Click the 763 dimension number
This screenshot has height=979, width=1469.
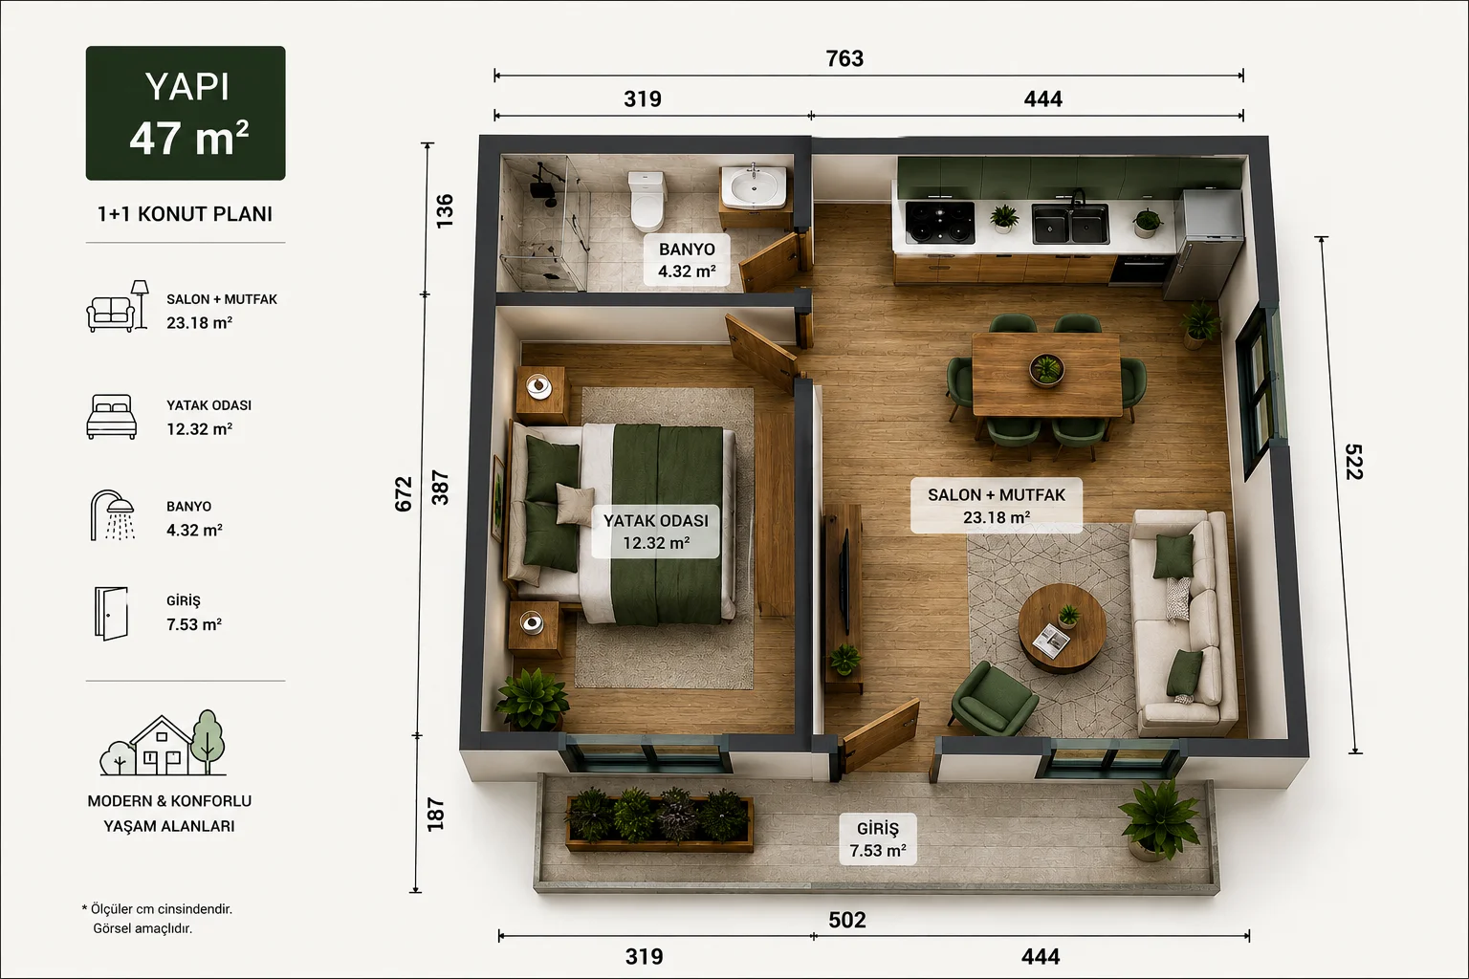click(x=844, y=58)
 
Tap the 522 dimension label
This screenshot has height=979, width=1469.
click(x=1353, y=462)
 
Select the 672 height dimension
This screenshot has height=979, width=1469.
click(x=404, y=493)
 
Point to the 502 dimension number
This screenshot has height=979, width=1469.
click(x=847, y=920)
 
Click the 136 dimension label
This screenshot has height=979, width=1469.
click(x=445, y=210)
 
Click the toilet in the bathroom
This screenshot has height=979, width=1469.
click(x=647, y=200)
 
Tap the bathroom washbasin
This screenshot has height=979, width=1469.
click(x=755, y=186)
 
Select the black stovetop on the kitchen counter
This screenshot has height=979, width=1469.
click(x=940, y=222)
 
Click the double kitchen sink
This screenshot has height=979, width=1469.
click(x=1070, y=223)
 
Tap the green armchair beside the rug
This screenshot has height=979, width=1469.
click(x=992, y=699)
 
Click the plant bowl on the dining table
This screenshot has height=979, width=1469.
click(x=1046, y=369)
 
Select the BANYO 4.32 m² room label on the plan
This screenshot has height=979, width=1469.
click(x=687, y=260)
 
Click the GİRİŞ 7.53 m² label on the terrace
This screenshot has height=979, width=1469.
click(x=878, y=839)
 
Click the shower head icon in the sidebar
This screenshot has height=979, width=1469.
click(x=113, y=515)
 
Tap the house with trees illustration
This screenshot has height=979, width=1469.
click(x=163, y=744)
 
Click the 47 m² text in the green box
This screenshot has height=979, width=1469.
click(x=188, y=139)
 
